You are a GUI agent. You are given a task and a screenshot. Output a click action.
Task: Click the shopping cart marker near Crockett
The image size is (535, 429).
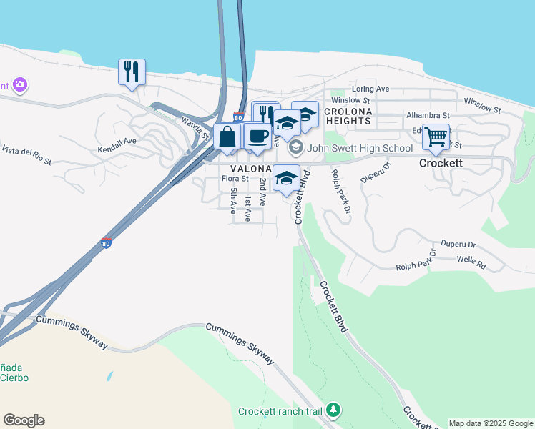point(436,137)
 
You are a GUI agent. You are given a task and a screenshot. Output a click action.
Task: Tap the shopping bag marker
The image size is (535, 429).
point(227,137)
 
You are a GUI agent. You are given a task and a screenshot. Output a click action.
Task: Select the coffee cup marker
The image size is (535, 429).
point(257,136)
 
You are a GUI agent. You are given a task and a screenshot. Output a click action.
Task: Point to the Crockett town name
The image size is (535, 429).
point(440,163)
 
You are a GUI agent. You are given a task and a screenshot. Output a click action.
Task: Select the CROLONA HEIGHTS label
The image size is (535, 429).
point(348,117)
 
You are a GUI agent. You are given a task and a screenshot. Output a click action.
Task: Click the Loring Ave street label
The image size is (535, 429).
point(370,89)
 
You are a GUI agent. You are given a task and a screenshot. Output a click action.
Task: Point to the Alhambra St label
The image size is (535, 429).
point(428,114)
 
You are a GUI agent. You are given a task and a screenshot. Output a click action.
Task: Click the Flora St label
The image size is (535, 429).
point(235,179)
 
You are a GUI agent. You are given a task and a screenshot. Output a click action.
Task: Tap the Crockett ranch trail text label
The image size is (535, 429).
point(280,412)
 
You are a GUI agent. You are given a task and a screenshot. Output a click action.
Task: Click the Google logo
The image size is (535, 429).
point(24,420)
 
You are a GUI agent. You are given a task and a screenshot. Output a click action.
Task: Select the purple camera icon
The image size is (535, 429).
point(19,85)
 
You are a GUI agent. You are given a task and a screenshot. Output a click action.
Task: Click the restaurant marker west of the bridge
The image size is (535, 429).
point(132,71)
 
